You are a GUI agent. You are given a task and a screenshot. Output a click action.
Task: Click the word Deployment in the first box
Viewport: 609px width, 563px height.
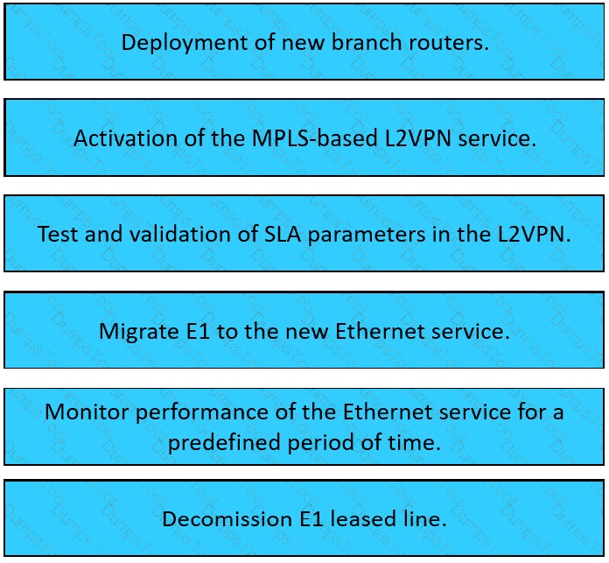[x=185, y=43]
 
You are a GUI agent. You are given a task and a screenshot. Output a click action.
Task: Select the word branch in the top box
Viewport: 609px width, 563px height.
[x=367, y=41]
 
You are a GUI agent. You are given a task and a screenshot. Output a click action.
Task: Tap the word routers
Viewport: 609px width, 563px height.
[x=449, y=42]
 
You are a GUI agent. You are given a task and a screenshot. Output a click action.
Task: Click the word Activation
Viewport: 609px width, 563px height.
[x=125, y=138]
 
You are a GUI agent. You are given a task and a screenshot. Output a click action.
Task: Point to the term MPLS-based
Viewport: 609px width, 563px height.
[x=315, y=137]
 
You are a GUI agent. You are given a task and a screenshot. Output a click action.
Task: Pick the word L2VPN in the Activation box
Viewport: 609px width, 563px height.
[x=418, y=138]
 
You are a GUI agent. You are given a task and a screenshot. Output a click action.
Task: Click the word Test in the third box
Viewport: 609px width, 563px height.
[x=58, y=234]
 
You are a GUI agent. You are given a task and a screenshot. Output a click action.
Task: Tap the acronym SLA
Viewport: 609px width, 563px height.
[x=283, y=234]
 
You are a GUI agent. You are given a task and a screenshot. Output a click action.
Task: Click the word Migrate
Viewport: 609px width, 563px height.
[x=138, y=332]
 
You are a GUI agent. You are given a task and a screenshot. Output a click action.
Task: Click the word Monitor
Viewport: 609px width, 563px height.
[x=87, y=412]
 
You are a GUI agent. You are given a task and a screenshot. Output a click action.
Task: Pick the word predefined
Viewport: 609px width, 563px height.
[x=224, y=442]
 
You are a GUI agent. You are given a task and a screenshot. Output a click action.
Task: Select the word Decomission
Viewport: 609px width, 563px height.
[x=227, y=519]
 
